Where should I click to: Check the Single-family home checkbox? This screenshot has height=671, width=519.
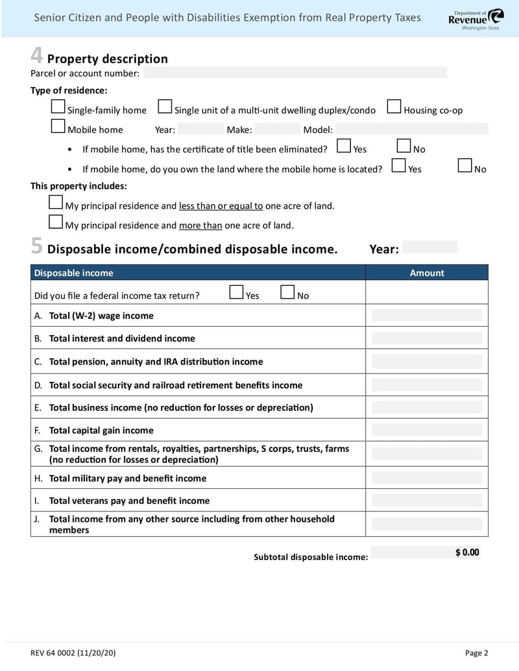tap(58, 107)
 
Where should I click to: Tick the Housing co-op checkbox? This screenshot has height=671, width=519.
tap(394, 107)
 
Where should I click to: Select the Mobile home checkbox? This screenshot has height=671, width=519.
tap(58, 126)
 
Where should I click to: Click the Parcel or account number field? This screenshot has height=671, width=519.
tap(295, 73)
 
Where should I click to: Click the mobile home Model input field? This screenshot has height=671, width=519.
tap(411, 129)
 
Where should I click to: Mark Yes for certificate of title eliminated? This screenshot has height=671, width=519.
tap(344, 147)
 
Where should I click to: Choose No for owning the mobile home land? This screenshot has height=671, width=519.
tap(465, 166)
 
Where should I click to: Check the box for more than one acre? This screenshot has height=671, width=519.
tap(56, 223)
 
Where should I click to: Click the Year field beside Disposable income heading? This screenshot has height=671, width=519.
tap(429, 248)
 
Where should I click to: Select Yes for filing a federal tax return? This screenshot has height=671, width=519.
tap(237, 293)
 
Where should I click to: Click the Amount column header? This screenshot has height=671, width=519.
tap(427, 273)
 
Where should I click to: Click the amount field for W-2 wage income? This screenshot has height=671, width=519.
tap(427, 316)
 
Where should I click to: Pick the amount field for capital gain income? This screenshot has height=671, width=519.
tap(427, 430)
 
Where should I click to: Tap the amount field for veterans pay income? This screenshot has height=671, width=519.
tap(427, 500)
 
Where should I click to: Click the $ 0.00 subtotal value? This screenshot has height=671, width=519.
tap(467, 552)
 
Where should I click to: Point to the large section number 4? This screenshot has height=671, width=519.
tap(37, 56)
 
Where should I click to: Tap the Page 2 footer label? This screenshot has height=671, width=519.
tap(476, 653)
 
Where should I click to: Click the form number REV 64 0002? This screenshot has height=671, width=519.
tap(64, 653)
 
